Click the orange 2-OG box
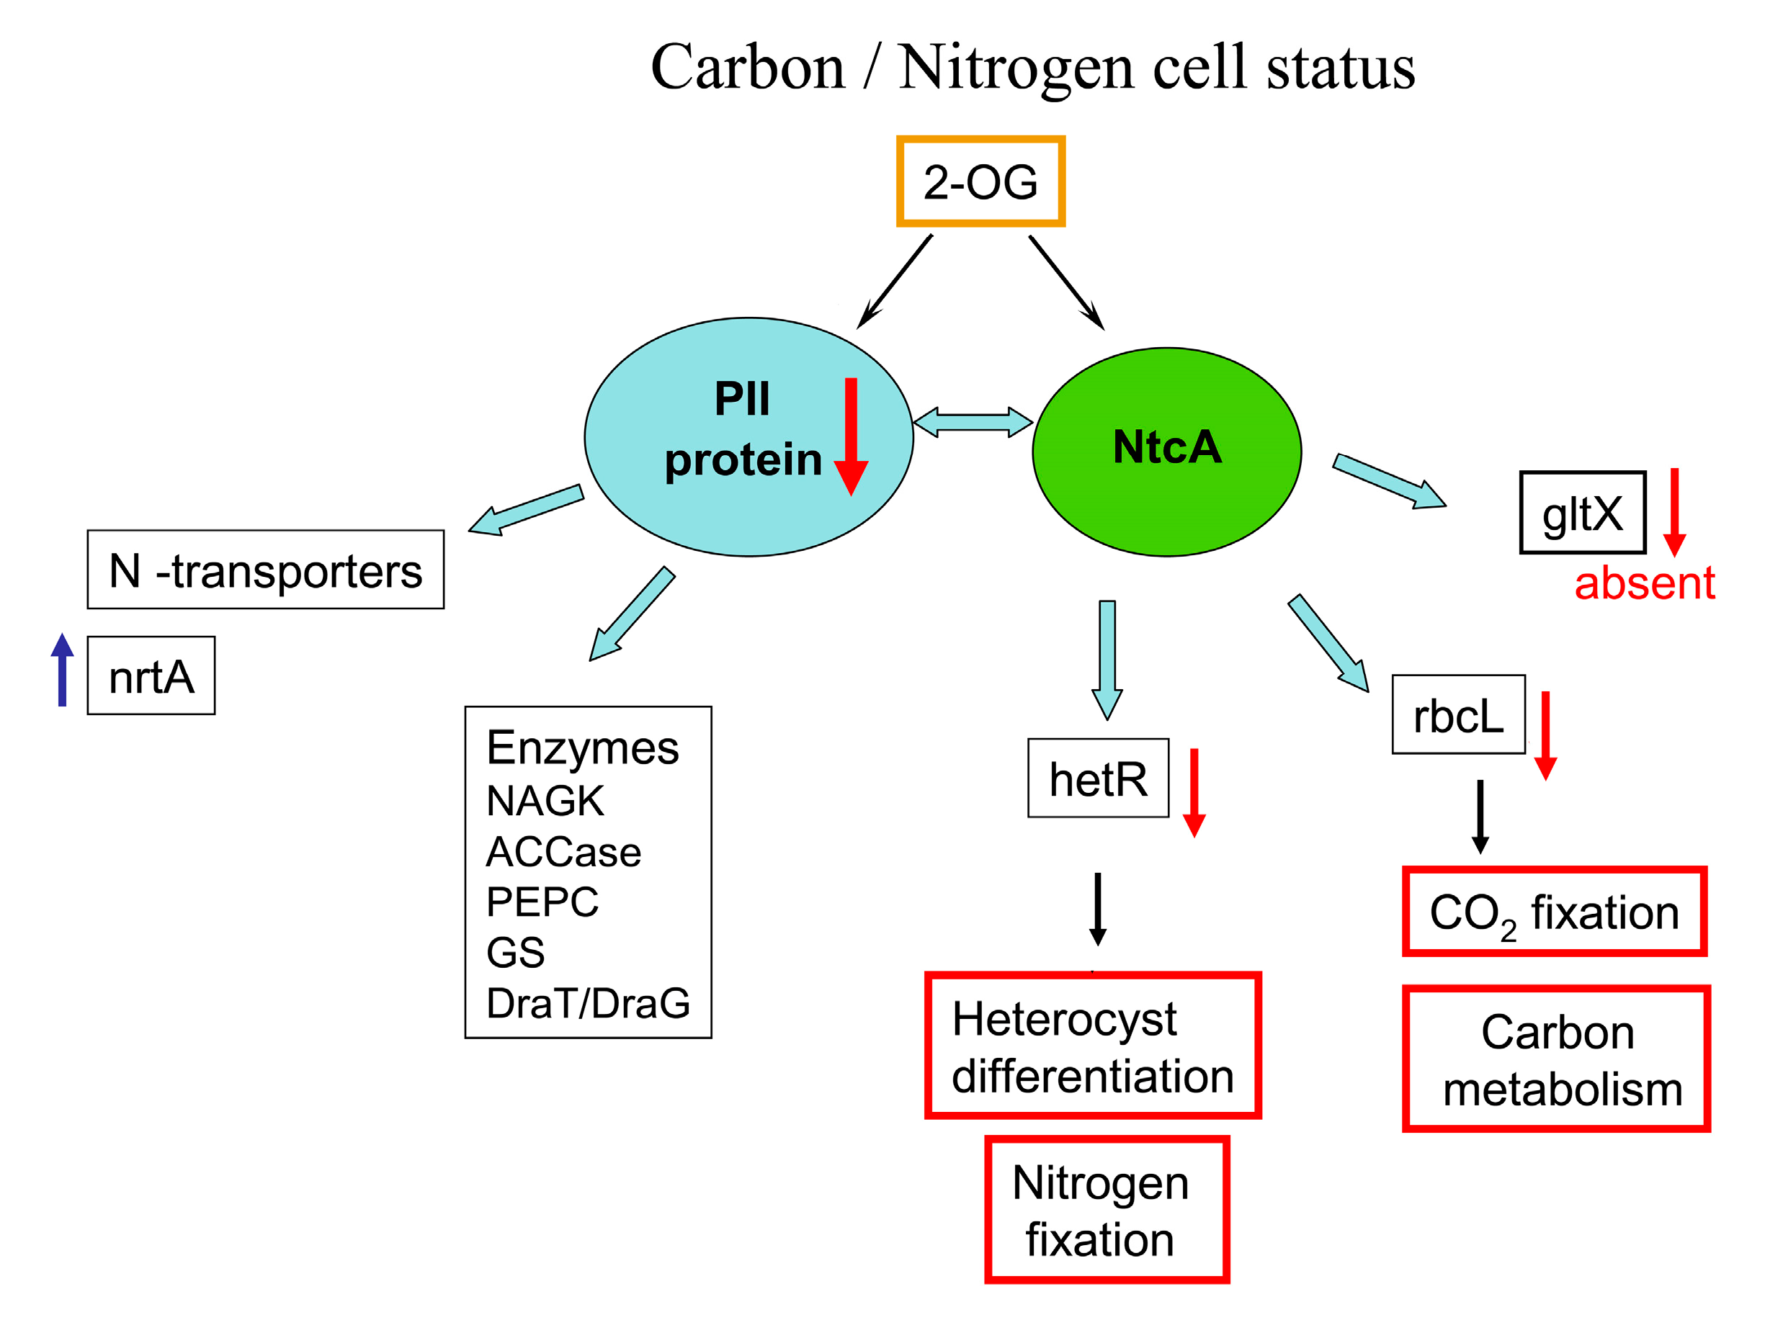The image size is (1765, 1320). [x=980, y=182]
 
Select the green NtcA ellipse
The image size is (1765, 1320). [x=1166, y=452]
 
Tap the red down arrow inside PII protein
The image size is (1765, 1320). [x=851, y=436]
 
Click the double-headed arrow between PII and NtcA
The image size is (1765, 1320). [x=973, y=422]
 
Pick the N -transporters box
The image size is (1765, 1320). [x=265, y=570]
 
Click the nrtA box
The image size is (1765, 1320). [x=151, y=675]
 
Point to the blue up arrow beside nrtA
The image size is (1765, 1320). [x=62, y=669]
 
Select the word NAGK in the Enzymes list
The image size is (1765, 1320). [x=545, y=800]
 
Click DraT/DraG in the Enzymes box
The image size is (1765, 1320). [x=588, y=1002]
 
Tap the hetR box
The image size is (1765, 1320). [x=1098, y=778]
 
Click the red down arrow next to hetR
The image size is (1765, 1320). [x=1194, y=792]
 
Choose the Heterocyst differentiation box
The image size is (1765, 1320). [x=1092, y=1046]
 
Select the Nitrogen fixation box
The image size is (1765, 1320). [x=1106, y=1210]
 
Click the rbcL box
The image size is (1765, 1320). [x=1458, y=714]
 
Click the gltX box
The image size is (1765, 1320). [x=1582, y=513]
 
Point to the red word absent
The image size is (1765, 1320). [x=1644, y=583]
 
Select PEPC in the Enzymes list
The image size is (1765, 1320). [x=542, y=902]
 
